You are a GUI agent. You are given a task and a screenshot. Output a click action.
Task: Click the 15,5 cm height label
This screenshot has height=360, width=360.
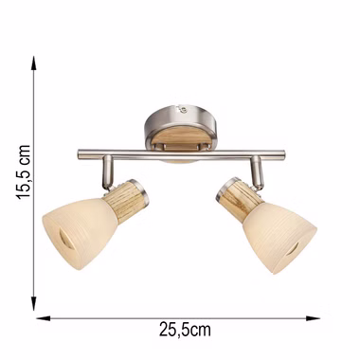pyautogui.click(x=24, y=172)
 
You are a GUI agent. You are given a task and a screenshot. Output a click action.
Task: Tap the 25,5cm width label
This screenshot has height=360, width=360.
pyautogui.click(x=185, y=331)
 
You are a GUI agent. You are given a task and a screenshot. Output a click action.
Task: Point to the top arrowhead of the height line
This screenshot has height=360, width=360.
pyautogui.click(x=33, y=63)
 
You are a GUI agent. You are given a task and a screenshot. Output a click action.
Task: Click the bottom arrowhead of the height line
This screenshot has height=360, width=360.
pyautogui.click(x=33, y=303)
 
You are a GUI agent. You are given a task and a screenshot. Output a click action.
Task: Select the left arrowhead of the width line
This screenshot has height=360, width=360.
pyautogui.click(x=44, y=318)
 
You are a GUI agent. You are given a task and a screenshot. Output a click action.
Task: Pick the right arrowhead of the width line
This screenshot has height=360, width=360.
pyautogui.click(x=313, y=318)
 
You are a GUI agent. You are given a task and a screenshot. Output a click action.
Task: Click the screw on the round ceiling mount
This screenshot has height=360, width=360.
pyautogui.click(x=183, y=110)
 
